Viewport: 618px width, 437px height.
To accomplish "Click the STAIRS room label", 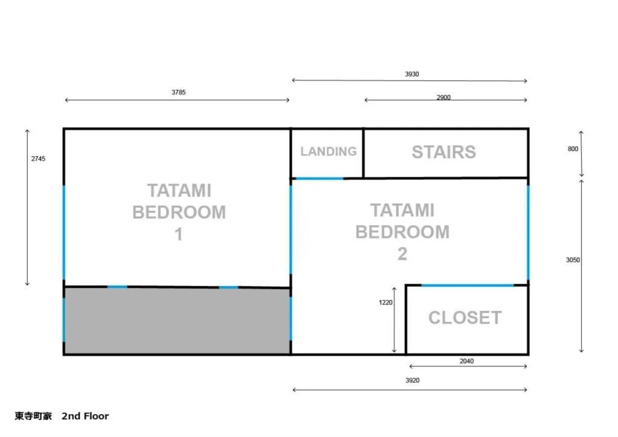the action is pos(444,152).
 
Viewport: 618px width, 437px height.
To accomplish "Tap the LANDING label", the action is pos(328,152).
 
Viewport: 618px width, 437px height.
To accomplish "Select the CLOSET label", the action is pos(465,317).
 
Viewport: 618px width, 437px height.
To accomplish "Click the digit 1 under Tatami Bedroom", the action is pos(179,234).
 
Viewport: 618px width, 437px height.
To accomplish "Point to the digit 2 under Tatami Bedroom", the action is pos(403,254).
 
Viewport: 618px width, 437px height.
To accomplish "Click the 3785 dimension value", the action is pos(179,92).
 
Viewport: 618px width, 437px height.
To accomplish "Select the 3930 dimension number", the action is pos(412,74).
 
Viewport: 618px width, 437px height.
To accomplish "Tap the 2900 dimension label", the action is pos(444,97).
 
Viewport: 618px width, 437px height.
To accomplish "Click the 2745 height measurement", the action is pos(38,159).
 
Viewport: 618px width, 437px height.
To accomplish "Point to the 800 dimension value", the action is pos(573,149).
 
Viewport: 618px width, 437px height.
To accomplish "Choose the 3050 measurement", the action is pos(573,260).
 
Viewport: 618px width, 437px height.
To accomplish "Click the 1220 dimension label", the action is pos(386,302).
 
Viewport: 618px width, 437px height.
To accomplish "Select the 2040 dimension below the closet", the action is pos(467,361).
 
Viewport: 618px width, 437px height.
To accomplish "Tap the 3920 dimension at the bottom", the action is pos(412,380).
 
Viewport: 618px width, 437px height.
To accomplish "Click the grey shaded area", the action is pos(177,321).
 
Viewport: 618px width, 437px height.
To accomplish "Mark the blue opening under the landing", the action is pos(319,179).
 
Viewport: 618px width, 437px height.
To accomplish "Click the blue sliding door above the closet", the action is pos(468,285).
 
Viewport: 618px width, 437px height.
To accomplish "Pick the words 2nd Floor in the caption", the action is pos(85,416).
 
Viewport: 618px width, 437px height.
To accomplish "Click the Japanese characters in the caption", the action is pos(33,416).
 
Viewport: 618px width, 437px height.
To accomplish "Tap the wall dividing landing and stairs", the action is pos(363,153).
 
